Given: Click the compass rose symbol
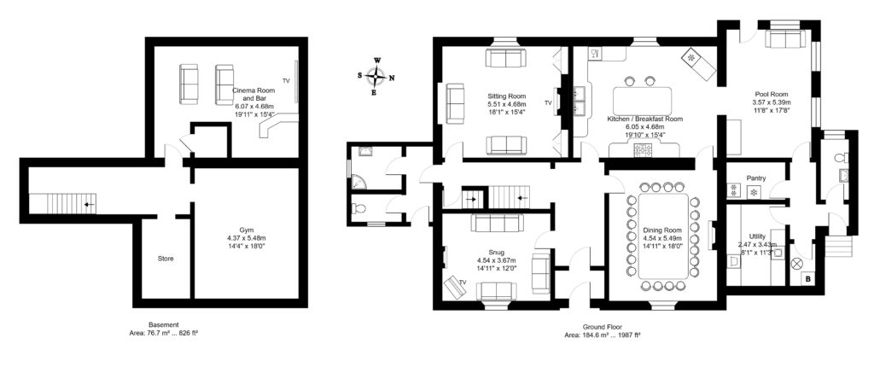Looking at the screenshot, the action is (x=377, y=75).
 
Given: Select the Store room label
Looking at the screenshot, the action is (x=166, y=259).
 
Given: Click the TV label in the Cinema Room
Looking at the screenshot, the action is (x=286, y=81).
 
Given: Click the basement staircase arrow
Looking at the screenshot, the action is (x=89, y=204).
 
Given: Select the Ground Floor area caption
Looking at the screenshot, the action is (x=602, y=331).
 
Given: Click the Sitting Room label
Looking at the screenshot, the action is (x=506, y=103).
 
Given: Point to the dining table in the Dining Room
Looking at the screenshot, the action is (x=662, y=236).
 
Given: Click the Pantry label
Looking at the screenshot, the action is (x=755, y=178).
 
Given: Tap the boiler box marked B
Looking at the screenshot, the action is (x=807, y=279).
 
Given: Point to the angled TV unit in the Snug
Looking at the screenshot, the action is (x=454, y=287).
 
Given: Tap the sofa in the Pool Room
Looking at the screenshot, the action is (x=785, y=39).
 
